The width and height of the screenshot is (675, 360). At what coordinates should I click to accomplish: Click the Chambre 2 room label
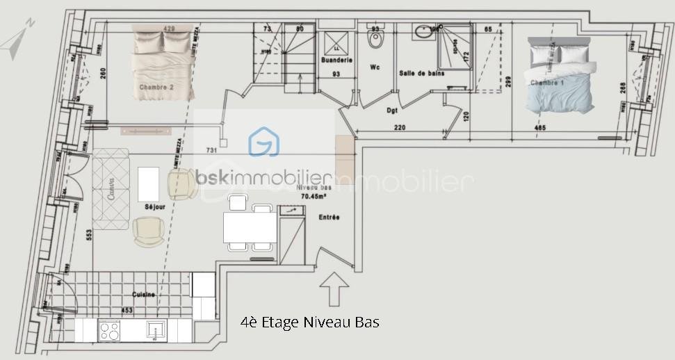click(x=156, y=88)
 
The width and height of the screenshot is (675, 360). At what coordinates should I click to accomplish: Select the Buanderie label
click(x=335, y=60)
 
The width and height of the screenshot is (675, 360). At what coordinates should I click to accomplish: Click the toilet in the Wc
click(x=375, y=42)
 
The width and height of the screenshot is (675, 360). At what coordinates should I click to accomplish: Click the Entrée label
click(x=329, y=218)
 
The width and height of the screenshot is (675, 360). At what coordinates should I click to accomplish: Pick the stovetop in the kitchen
click(x=110, y=329)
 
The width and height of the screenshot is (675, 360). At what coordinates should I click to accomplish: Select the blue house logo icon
click(x=264, y=142)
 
